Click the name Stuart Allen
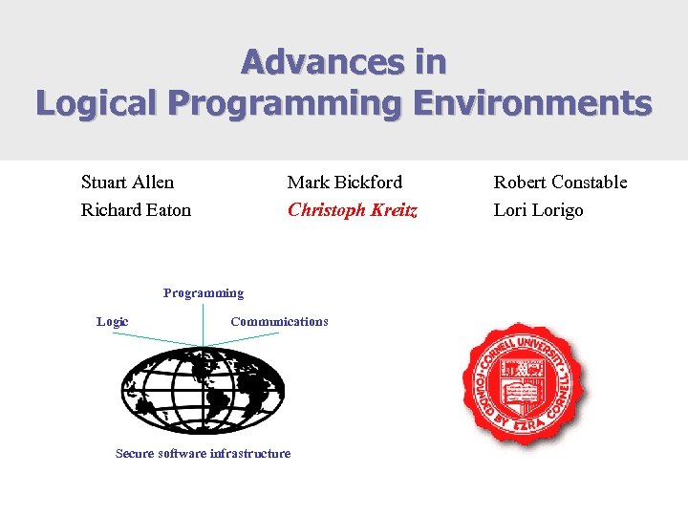point(127,182)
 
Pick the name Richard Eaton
point(136,209)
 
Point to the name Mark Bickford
point(345,182)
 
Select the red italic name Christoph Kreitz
point(353,209)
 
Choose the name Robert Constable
point(560,182)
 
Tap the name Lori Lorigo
point(538,209)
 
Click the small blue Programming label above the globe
point(204,293)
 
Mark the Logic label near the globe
point(113,322)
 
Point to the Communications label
point(279,322)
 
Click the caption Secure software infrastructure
point(203,453)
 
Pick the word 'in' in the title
point(431,62)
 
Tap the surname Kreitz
point(393,209)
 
